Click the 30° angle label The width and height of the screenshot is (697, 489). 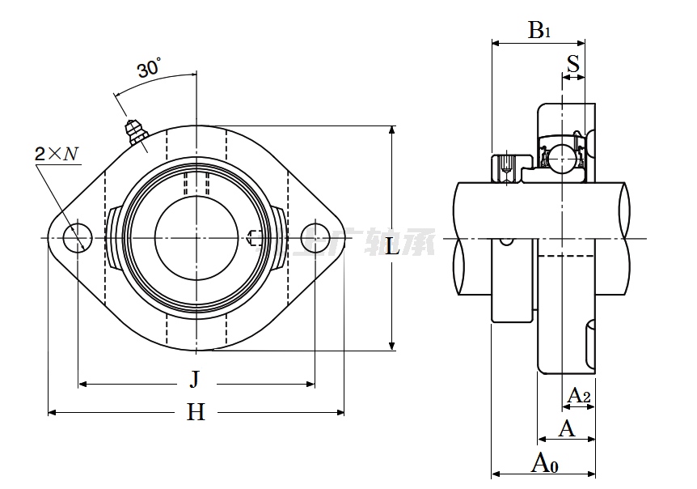click(149, 69)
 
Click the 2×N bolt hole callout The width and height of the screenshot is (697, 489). click(57, 152)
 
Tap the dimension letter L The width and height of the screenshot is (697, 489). click(392, 247)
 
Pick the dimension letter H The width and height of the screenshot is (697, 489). click(196, 413)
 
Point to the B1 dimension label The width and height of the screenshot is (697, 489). click(539, 31)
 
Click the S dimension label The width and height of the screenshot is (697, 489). click(572, 64)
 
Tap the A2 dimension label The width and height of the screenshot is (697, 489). click(579, 395)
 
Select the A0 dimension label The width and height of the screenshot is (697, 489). click(544, 463)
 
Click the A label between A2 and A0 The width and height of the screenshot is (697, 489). click(567, 428)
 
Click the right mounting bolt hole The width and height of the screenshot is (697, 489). click(315, 237)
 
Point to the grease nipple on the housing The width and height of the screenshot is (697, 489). click(133, 132)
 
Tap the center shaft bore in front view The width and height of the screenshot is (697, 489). click(196, 237)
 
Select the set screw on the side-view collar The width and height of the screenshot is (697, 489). click(506, 165)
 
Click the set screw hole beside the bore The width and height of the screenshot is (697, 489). click(253, 237)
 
